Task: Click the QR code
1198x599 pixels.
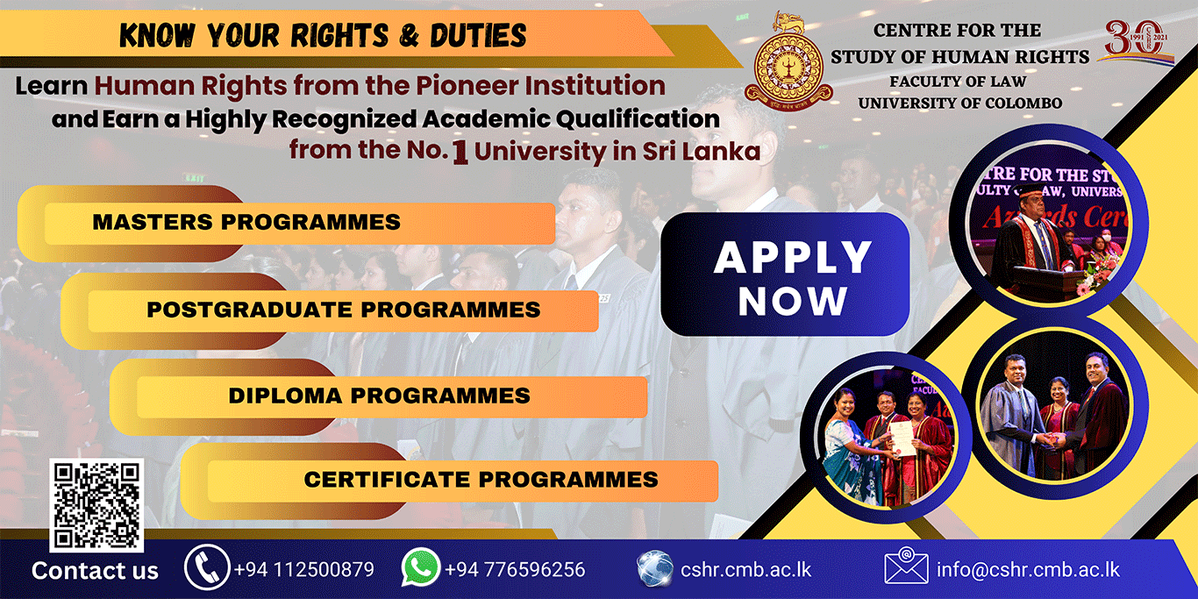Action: [96, 505]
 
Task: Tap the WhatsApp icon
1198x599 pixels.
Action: [420, 567]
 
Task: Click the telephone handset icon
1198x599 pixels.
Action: [207, 567]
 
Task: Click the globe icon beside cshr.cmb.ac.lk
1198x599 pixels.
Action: [654, 568]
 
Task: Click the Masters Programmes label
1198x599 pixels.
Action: [246, 222]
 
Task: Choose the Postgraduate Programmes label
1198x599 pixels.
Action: [344, 310]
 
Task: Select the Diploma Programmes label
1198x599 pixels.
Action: [379, 396]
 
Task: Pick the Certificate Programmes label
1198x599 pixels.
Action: [481, 480]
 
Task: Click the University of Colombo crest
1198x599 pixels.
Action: [788, 62]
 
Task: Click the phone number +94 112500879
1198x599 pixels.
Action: [303, 569]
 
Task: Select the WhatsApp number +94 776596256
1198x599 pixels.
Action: [515, 569]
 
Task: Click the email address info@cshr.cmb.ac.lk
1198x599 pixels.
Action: [1028, 569]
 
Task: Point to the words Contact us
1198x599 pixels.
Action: [96, 571]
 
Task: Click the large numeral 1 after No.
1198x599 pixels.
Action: [460, 152]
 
